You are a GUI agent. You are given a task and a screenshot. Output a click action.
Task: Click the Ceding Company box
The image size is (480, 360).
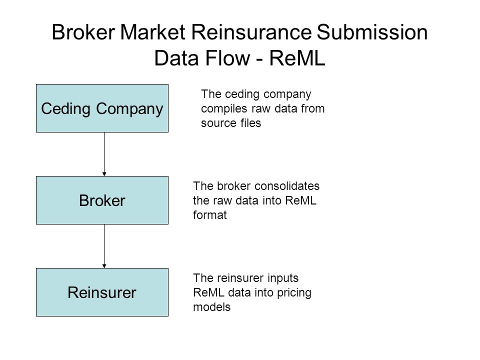[102, 108]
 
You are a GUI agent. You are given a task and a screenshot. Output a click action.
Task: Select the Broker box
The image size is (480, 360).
[102, 200]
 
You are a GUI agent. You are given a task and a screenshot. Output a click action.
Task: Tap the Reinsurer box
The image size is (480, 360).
[102, 292]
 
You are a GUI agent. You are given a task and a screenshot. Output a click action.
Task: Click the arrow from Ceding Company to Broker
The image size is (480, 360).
[104, 154]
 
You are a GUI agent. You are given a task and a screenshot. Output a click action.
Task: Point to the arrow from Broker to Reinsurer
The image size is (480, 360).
[104, 246]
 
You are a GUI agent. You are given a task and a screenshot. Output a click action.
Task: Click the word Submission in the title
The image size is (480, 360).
[372, 32]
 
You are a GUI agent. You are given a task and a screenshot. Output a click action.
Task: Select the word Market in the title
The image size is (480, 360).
[153, 32]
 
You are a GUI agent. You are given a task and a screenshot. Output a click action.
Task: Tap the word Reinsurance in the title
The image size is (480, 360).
[251, 32]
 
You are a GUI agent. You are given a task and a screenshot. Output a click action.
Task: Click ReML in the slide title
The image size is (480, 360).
[297, 58]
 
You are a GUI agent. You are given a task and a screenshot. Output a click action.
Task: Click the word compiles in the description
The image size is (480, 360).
[224, 109]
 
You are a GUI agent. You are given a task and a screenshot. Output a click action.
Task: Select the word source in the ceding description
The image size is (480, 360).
[218, 123]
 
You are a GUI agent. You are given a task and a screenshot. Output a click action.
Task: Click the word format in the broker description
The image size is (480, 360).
[209, 215]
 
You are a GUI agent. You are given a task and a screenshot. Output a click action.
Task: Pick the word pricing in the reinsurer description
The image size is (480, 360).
[294, 293]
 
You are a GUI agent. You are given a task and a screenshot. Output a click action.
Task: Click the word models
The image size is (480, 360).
[211, 306]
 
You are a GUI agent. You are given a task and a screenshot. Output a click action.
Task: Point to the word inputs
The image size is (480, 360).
[283, 278]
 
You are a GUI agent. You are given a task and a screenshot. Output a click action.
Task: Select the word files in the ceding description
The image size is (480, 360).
[250, 123]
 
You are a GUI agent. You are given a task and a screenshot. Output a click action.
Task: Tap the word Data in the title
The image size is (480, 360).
[177, 58]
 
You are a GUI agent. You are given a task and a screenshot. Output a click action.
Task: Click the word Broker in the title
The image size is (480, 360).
[83, 32]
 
